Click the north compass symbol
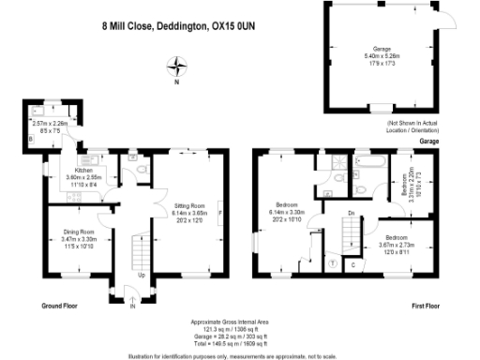pyautogui.click(x=176, y=67)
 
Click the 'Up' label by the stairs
pyautogui.click(x=142, y=275)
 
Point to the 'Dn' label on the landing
pyautogui.click(x=349, y=214)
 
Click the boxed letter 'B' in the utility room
pyautogui.click(x=31, y=139)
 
